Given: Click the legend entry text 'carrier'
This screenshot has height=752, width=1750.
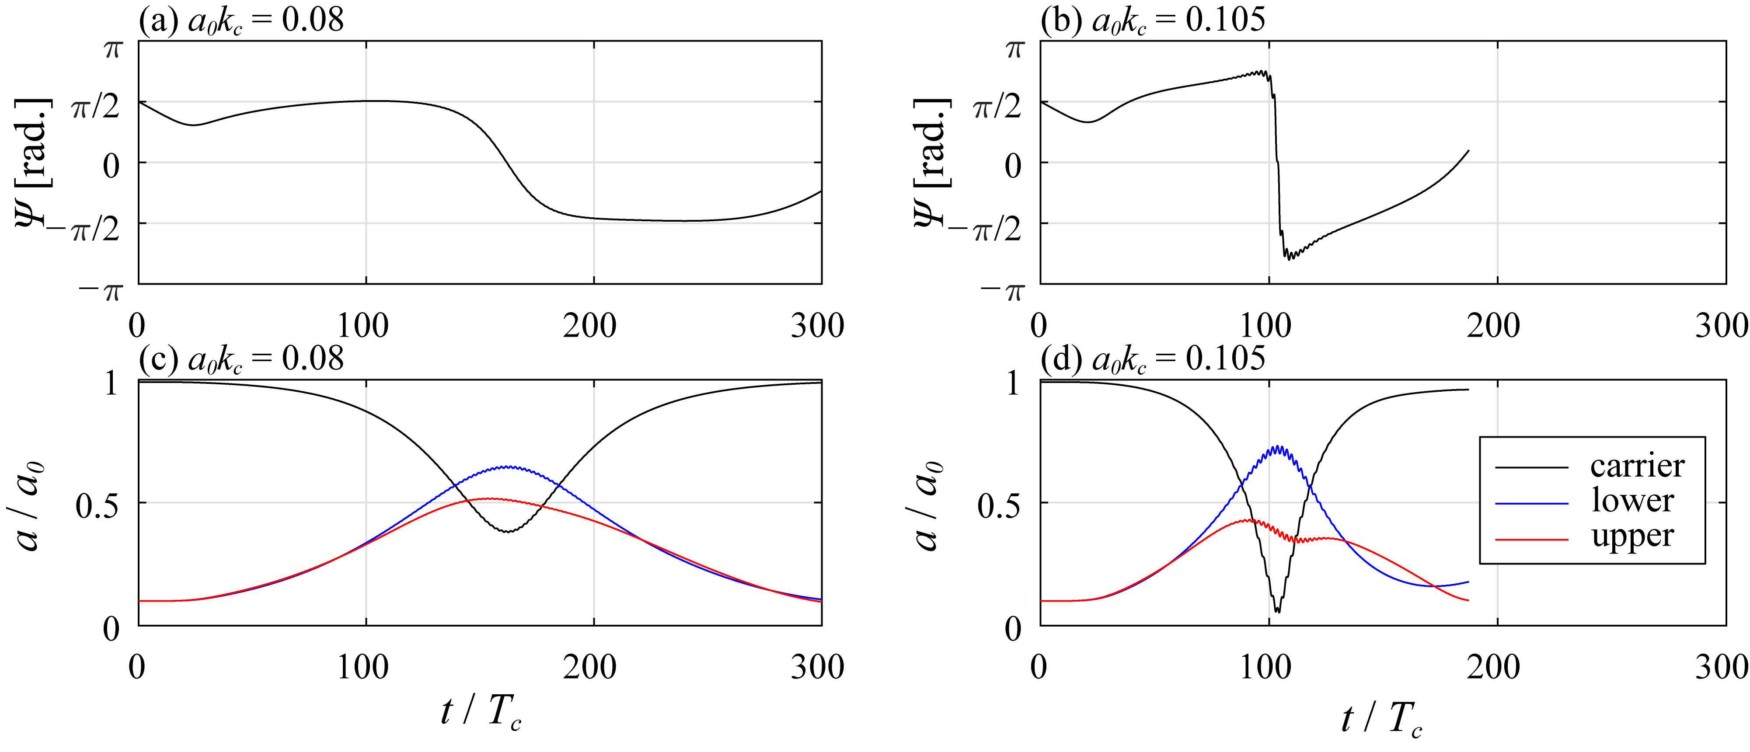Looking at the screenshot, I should click(x=1637, y=466).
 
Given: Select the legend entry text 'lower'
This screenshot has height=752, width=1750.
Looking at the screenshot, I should click(x=1632, y=501).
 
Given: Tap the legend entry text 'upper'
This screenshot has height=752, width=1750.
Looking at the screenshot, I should click(x=1632, y=536).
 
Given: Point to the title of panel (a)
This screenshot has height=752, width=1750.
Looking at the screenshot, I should click(x=241, y=21).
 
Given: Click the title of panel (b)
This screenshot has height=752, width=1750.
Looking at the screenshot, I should click(x=1153, y=21).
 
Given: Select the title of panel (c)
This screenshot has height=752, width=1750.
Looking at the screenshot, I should click(x=241, y=358).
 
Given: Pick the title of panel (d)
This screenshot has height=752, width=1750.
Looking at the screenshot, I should click(x=1153, y=358).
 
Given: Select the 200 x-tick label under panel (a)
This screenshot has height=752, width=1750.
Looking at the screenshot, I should click(x=589, y=327).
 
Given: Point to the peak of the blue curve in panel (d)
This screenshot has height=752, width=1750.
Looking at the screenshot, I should click(x=1278, y=447).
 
